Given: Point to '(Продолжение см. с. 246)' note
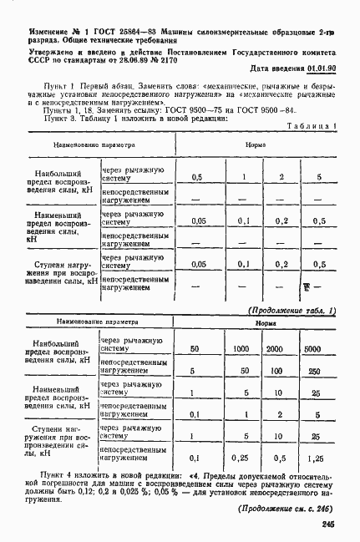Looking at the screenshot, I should coord(285,508).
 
